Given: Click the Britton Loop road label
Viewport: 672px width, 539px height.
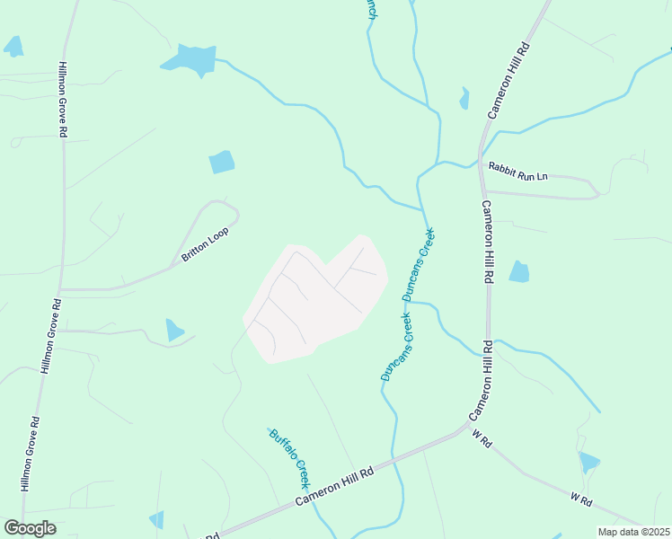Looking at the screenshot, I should (x=206, y=244).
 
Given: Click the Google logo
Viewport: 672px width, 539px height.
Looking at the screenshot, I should (x=30, y=528).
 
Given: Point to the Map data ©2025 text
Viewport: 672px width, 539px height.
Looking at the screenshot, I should (x=634, y=532).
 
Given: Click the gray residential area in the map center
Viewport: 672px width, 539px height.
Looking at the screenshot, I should (x=314, y=301).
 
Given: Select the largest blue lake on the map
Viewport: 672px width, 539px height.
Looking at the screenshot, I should (x=191, y=59).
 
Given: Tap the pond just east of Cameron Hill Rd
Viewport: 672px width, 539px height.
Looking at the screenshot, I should (x=518, y=271).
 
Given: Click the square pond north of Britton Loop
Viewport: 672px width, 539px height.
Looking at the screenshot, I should (x=221, y=162).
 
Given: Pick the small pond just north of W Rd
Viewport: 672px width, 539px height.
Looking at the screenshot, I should (x=588, y=462).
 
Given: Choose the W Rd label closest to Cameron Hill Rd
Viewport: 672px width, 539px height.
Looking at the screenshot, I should (x=482, y=439).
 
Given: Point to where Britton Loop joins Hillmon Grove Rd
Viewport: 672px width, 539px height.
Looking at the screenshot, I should (x=61, y=290).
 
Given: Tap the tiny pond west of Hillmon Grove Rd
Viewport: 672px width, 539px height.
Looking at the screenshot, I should (x=13, y=46).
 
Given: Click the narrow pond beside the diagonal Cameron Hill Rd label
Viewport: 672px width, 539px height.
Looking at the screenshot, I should (x=464, y=98).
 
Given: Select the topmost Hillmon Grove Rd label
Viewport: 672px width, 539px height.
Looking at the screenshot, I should (x=63, y=100).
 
